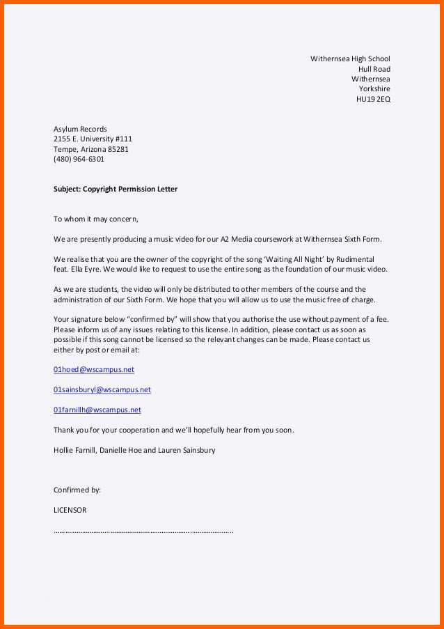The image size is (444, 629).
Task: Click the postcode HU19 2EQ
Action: pyautogui.click(x=373, y=99)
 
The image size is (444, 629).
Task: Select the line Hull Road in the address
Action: pyautogui.click(x=374, y=69)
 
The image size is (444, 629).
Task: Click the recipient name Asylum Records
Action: pyautogui.click(x=80, y=129)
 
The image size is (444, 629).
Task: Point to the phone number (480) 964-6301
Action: pyautogui.click(x=79, y=159)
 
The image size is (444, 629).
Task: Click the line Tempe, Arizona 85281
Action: pyautogui.click(x=91, y=149)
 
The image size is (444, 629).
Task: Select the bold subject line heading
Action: pyautogui.click(x=116, y=189)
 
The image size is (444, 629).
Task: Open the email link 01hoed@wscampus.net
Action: pyautogui.click(x=94, y=369)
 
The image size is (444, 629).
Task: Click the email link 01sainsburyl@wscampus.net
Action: pyautogui.click(x=102, y=389)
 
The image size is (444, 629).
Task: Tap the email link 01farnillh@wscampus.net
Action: pyautogui.click(x=97, y=410)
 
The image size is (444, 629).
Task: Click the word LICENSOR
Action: pyautogui.click(x=70, y=510)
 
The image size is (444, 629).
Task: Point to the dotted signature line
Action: pyautogui.click(x=143, y=531)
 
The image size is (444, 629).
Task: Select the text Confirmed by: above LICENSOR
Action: pyautogui.click(x=77, y=490)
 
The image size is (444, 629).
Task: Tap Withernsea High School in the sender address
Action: pyautogui.click(x=350, y=59)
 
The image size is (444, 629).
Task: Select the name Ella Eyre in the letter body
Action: pyautogui.click(x=87, y=269)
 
